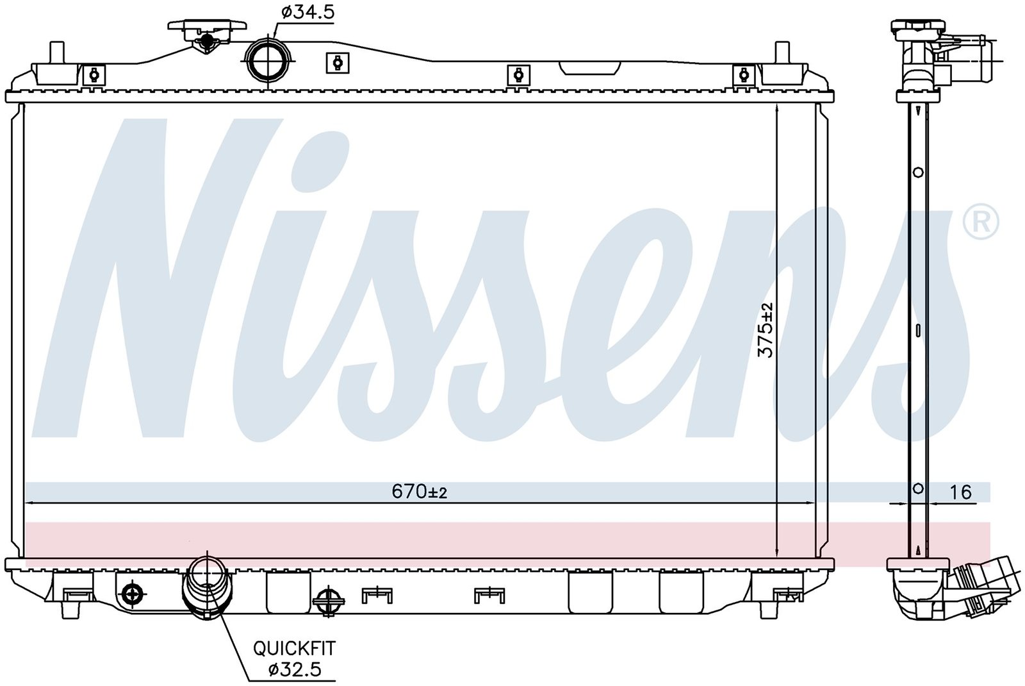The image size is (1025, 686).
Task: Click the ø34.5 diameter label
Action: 307,12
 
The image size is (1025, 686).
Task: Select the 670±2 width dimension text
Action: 419,492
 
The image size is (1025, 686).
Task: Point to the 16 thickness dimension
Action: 960,492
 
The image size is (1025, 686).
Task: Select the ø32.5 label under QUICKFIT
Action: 295,669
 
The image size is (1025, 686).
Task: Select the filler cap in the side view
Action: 918,28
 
